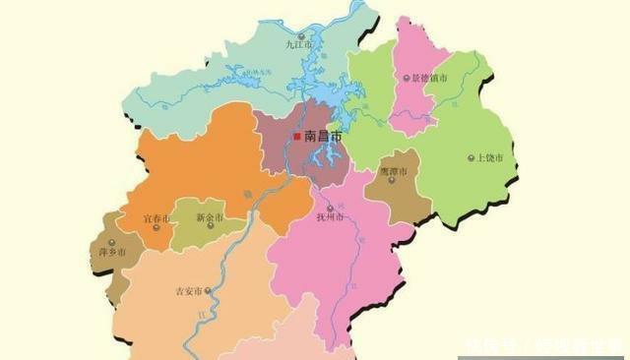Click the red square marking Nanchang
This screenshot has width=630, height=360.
[x=297, y=137]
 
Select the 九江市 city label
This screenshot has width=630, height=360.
[x=297, y=44]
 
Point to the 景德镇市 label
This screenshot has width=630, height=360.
[x=430, y=77]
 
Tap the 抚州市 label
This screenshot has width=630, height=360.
[x=329, y=217]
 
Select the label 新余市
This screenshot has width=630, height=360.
[x=210, y=218]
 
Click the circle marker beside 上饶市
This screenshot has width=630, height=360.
[x=471, y=157]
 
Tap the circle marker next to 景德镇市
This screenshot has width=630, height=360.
[x=407, y=77]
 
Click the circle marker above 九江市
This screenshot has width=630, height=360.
[x=298, y=35]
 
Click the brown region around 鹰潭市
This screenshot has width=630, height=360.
[x=398, y=192]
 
